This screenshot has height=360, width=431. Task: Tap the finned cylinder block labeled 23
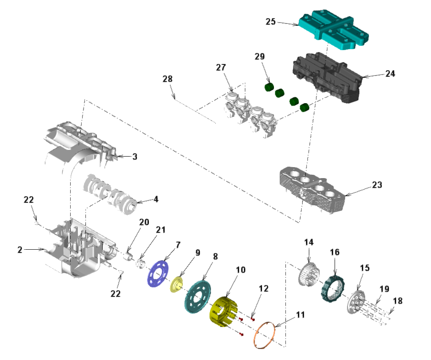(x=313, y=191)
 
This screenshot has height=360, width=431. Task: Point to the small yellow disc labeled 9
(x=178, y=285)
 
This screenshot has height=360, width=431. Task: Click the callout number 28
(x=168, y=78)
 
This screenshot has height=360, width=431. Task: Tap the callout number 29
(x=260, y=57)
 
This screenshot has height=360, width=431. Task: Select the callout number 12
(x=263, y=289)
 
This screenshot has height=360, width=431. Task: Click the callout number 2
(x=20, y=249)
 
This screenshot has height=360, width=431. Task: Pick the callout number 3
(x=135, y=157)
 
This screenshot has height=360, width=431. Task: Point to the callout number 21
(x=160, y=230)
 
